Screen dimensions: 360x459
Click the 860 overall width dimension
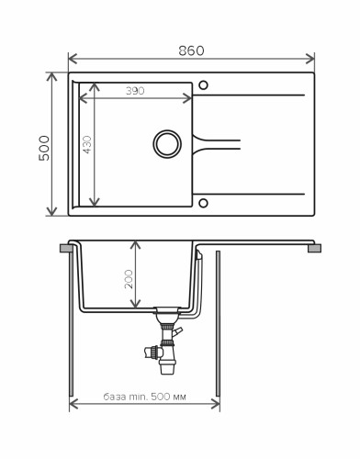(x=191, y=50)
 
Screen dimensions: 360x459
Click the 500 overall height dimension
(x=44, y=148)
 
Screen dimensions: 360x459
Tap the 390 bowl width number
(x=135, y=91)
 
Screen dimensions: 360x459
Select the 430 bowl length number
(x=87, y=144)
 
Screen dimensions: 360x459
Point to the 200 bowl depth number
(x=129, y=279)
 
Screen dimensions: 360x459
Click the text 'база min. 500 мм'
(x=144, y=397)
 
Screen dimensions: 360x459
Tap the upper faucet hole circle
(x=203, y=85)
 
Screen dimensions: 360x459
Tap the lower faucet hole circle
(x=203, y=203)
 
